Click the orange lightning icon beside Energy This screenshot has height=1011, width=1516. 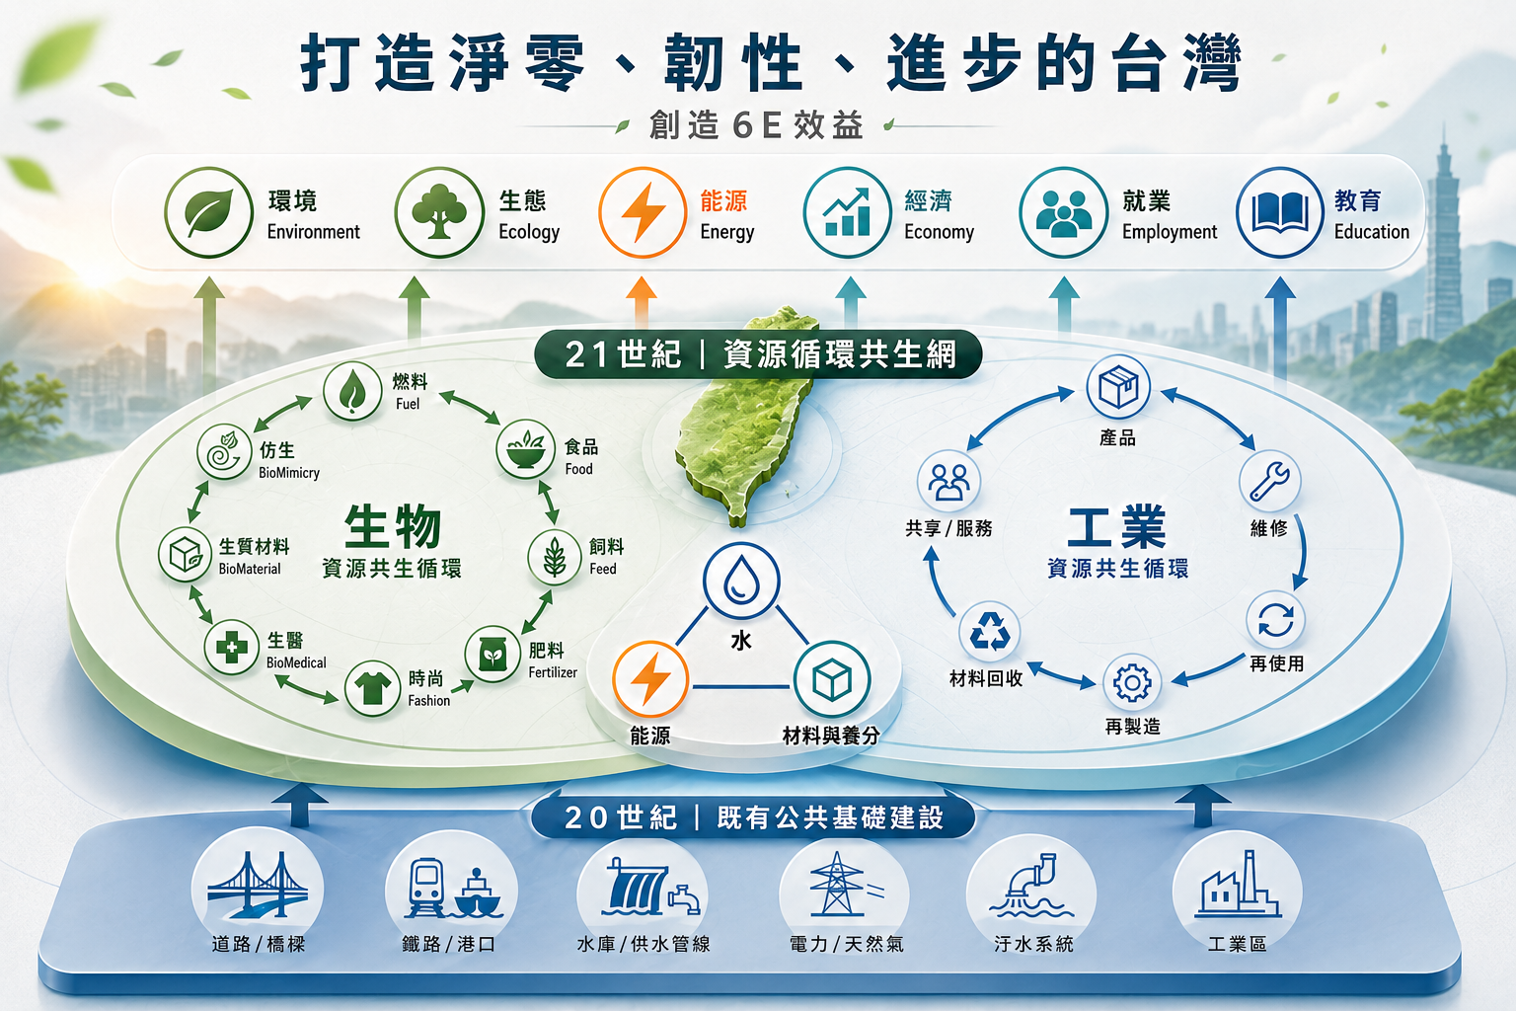(x=643, y=212)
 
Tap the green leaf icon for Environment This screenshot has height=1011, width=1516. (x=208, y=212)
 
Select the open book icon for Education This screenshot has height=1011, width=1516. (x=1279, y=212)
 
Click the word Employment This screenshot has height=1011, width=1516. (x=1170, y=232)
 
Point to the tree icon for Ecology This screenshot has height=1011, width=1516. (x=439, y=212)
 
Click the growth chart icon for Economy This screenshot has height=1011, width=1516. (x=847, y=212)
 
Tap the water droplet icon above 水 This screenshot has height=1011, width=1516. (x=741, y=581)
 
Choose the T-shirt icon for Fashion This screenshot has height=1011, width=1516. (x=372, y=689)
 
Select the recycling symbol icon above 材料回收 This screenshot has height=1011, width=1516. (x=990, y=631)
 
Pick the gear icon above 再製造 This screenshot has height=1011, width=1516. (x=1132, y=682)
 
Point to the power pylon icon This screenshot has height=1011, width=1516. (x=839, y=884)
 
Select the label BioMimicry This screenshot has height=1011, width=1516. (x=289, y=473)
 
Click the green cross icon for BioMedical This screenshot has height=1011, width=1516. (x=232, y=648)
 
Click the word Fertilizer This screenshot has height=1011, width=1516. (x=553, y=672)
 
